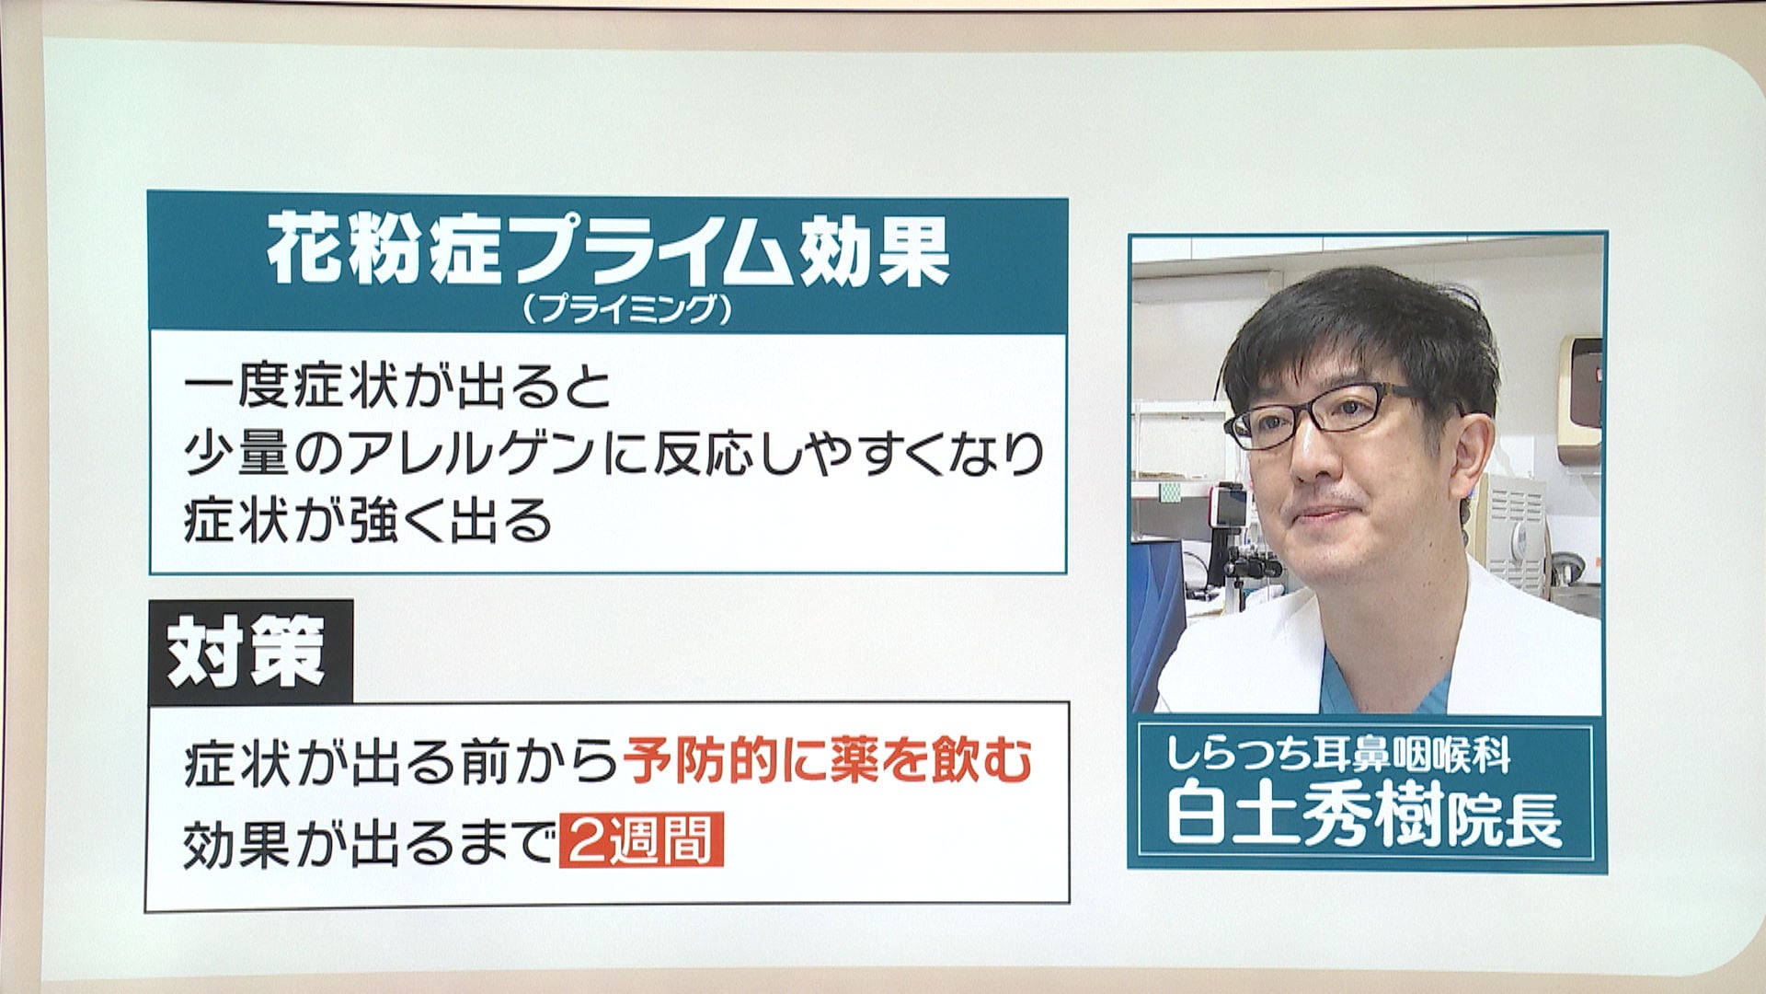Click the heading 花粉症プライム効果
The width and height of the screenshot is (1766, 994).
(x=608, y=251)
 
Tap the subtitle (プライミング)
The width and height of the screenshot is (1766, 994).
(x=626, y=309)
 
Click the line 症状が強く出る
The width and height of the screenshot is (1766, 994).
(x=368, y=520)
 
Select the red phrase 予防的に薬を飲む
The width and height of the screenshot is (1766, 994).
(x=828, y=762)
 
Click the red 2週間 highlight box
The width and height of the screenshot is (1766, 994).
(x=641, y=838)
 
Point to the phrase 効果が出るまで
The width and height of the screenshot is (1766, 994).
(x=370, y=842)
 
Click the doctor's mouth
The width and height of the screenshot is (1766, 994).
(x=1324, y=513)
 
